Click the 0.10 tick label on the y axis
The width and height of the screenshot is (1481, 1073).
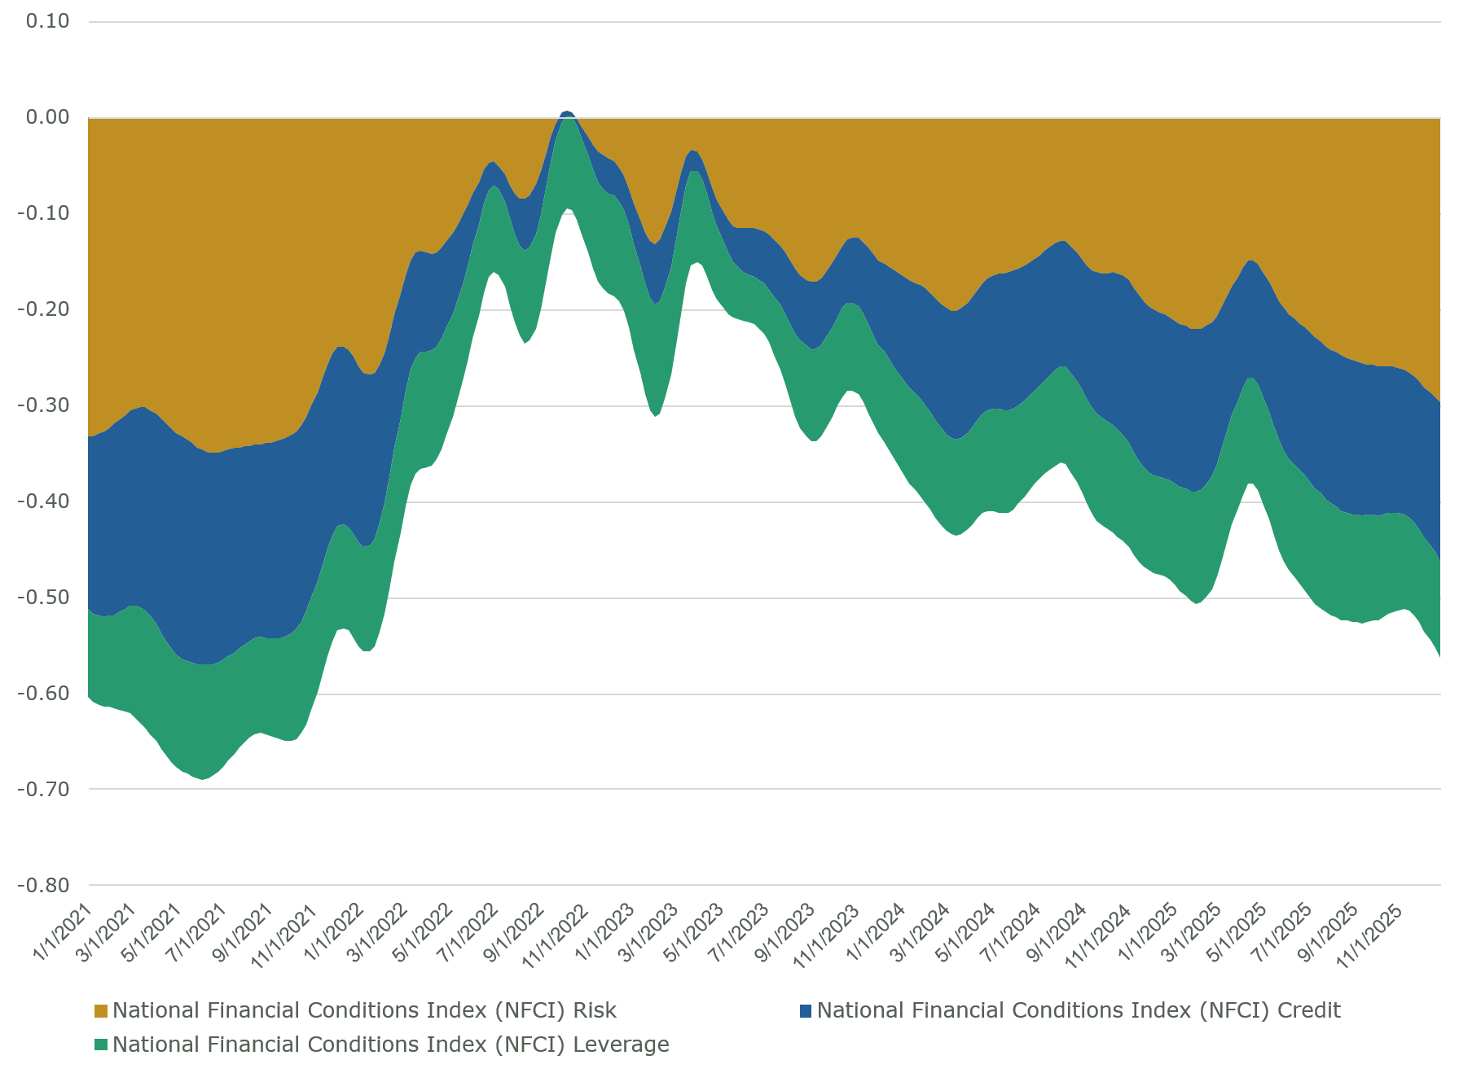[x=47, y=21]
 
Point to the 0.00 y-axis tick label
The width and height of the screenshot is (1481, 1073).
[x=47, y=117]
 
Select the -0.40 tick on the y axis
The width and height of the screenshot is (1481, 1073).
[x=43, y=501]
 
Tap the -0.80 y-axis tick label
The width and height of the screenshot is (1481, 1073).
[x=43, y=885]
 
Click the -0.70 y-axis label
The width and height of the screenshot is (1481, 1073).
[x=43, y=789]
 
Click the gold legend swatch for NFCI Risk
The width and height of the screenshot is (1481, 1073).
[x=101, y=1011]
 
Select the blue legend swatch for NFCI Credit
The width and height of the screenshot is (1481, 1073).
[x=806, y=1011]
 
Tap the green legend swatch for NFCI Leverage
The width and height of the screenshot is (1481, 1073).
[x=101, y=1045]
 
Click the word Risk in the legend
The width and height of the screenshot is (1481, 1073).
[x=594, y=1011]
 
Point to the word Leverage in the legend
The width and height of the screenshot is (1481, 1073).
[x=621, y=1045]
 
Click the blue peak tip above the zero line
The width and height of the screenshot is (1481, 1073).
[x=567, y=112]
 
